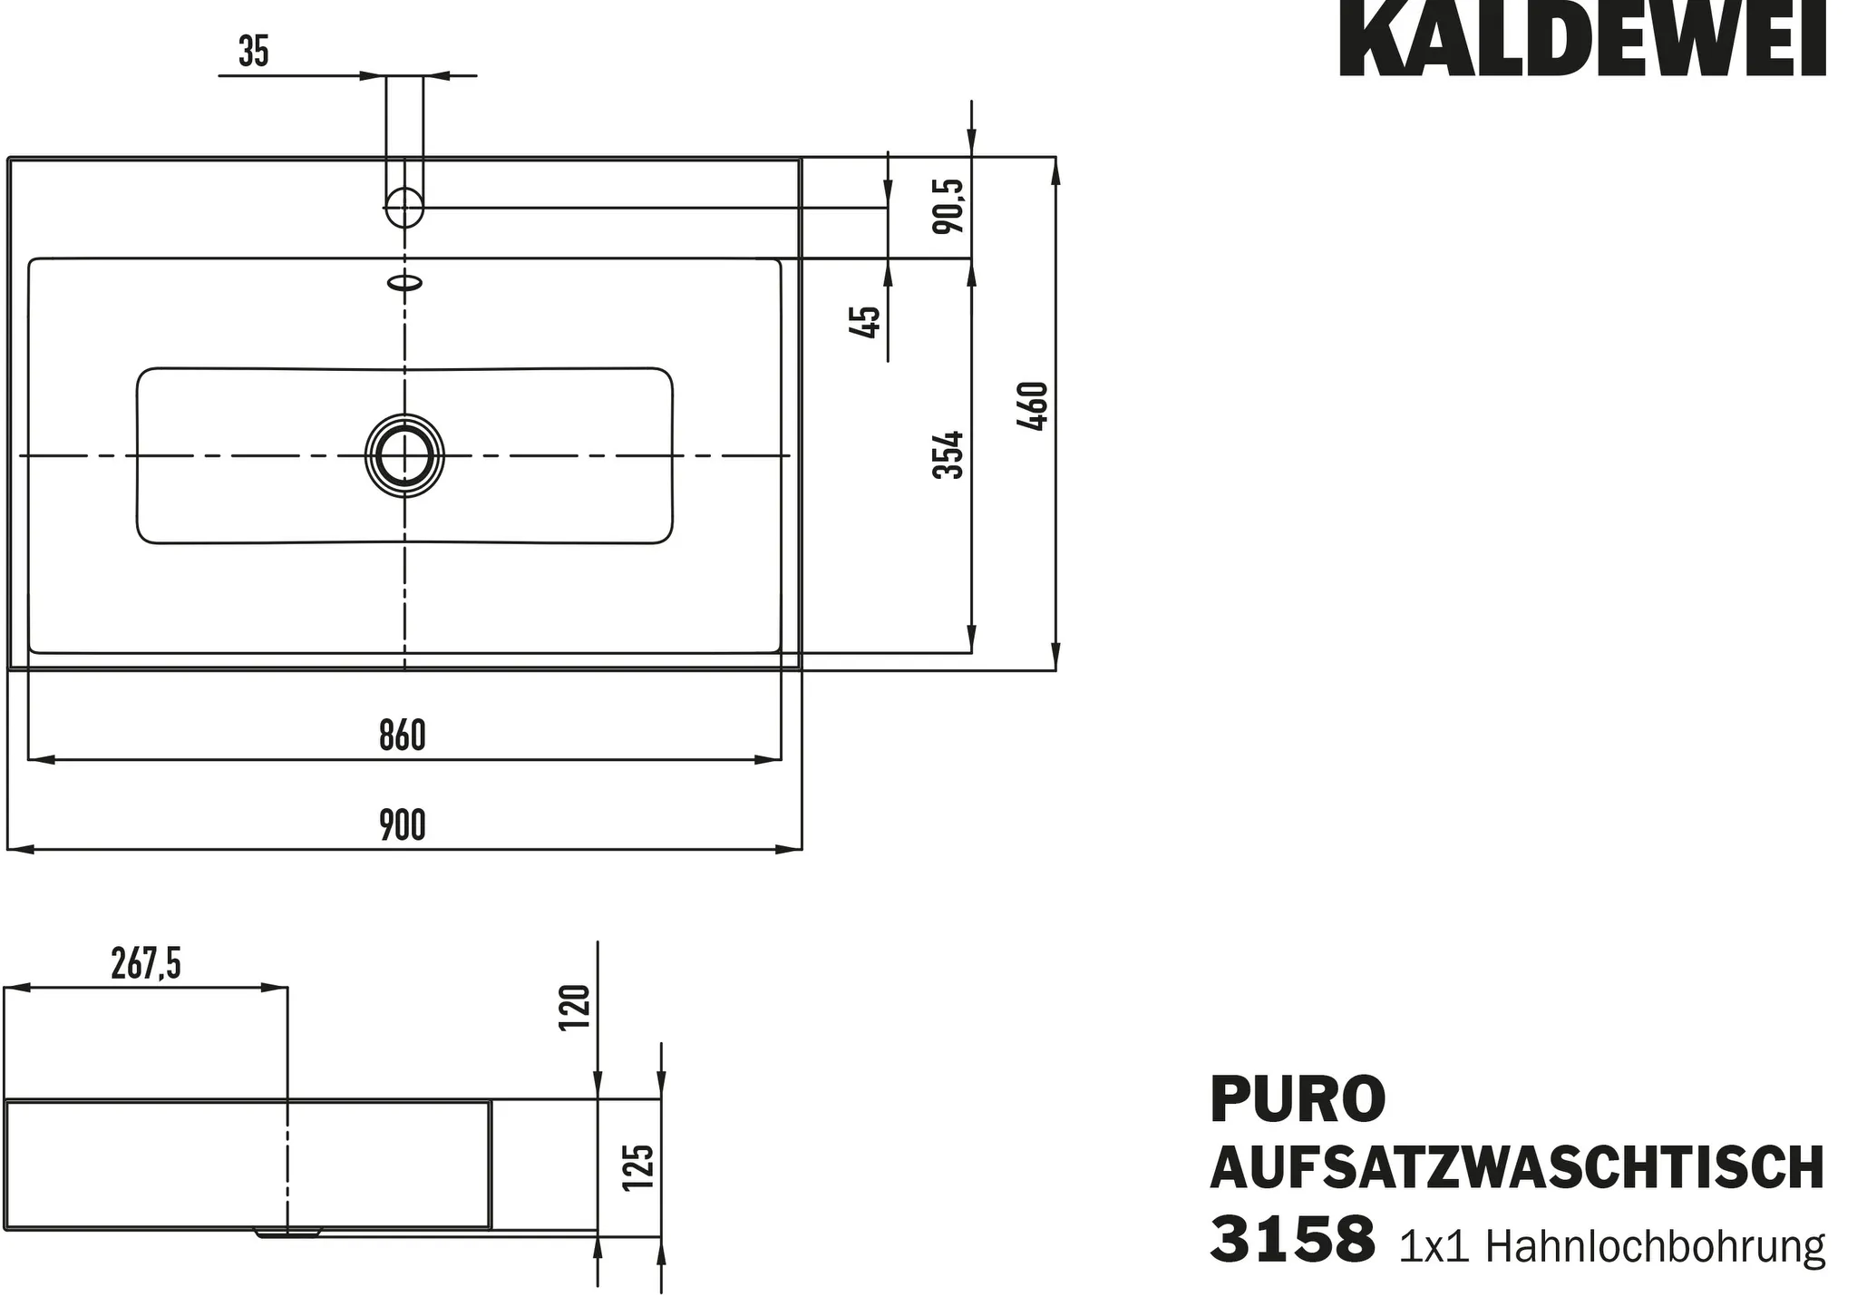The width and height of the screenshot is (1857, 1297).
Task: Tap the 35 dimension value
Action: (254, 53)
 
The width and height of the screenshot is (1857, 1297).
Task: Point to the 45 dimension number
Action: (865, 322)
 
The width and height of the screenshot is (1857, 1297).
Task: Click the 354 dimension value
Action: (948, 455)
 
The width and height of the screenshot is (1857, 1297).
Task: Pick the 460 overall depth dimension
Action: (1033, 407)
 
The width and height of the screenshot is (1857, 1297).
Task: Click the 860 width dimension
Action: (403, 736)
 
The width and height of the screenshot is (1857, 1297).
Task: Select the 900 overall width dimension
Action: (403, 826)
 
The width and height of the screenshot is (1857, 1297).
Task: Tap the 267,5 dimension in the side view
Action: (146, 964)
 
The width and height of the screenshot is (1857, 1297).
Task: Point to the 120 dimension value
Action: (574, 1007)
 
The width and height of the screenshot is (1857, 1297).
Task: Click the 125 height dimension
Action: (638, 1167)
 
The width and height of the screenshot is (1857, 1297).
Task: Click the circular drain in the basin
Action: (404, 455)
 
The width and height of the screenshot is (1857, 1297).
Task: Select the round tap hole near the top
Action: (404, 206)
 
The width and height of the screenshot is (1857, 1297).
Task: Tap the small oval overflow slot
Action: (405, 282)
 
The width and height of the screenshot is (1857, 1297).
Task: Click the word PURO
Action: (1297, 1099)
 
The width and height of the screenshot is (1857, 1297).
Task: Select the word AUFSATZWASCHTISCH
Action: (1516, 1168)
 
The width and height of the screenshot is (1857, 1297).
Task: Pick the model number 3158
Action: (1291, 1240)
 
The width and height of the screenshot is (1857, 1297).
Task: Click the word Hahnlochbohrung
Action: (1655, 1247)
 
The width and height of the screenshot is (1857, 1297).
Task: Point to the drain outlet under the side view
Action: (288, 1233)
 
